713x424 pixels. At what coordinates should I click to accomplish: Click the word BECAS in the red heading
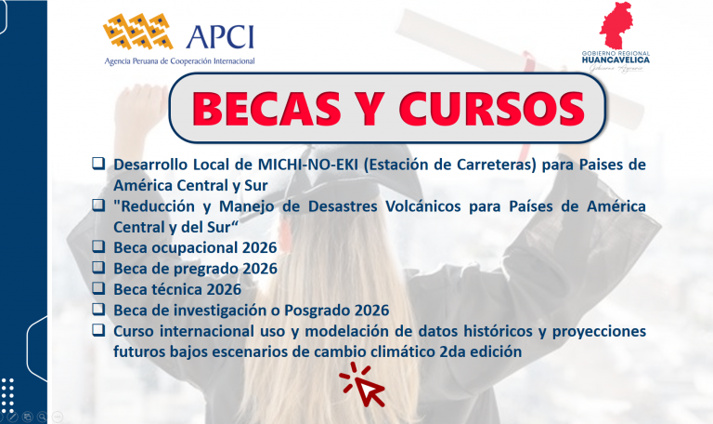tap(266, 109)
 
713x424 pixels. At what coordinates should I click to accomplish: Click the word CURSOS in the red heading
tap(491, 109)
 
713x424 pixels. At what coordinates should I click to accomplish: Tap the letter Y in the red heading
tap(369, 109)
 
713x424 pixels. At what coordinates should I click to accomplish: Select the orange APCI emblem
tap(137, 31)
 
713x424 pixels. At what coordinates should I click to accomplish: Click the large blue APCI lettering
tap(220, 36)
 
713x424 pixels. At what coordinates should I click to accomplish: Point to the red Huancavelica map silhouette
tap(617, 25)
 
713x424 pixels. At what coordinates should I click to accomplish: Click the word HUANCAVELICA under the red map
tap(616, 60)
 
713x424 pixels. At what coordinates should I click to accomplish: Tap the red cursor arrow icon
tap(363, 384)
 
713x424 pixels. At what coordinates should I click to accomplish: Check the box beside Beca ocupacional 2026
tap(98, 246)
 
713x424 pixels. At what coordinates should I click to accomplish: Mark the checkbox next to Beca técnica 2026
tap(98, 288)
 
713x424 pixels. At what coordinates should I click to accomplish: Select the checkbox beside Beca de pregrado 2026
tap(98, 268)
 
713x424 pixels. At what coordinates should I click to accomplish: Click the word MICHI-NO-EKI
tap(308, 165)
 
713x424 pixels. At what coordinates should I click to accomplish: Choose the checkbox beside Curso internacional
tap(98, 330)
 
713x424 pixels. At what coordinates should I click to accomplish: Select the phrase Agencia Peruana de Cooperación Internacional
tap(179, 61)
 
